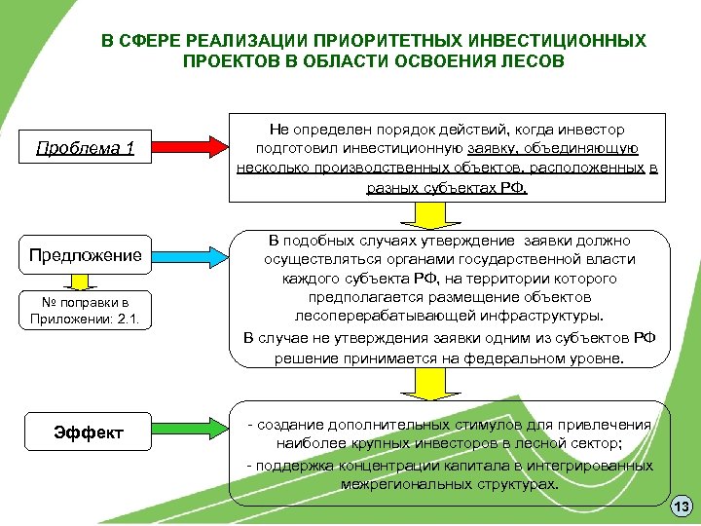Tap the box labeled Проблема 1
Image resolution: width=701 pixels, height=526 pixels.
(85, 148)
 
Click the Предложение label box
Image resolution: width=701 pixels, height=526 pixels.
(85, 256)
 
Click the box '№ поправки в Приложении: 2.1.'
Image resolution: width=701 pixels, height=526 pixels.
(84, 309)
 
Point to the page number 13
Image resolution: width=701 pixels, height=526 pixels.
(682, 507)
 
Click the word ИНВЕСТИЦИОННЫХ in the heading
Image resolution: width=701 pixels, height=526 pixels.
(558, 42)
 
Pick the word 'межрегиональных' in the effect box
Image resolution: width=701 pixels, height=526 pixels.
(398, 483)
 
